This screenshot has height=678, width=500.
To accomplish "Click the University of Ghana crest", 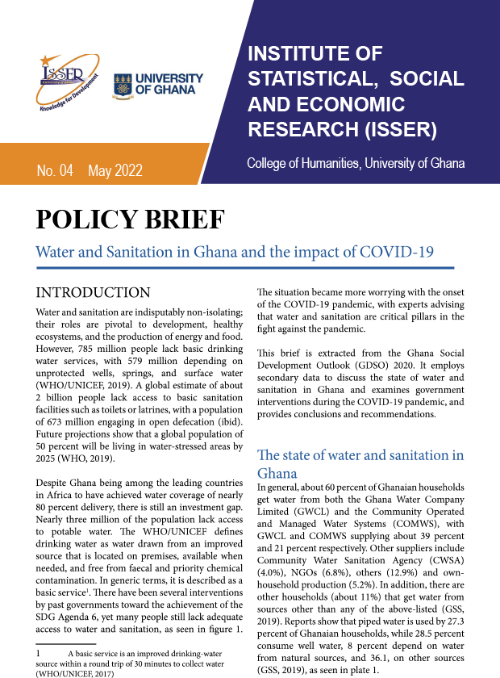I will pyautogui.click(x=123, y=84).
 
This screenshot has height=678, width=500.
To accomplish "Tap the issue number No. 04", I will pyautogui.click(x=55, y=170).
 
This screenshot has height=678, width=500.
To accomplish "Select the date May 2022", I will pyautogui.click(x=115, y=170).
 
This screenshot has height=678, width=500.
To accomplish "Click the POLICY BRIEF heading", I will pyautogui.click(x=130, y=219).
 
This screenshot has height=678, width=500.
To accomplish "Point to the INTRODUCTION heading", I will pyautogui.click(x=94, y=292).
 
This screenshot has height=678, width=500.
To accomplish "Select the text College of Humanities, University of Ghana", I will pyautogui.click(x=356, y=164).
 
